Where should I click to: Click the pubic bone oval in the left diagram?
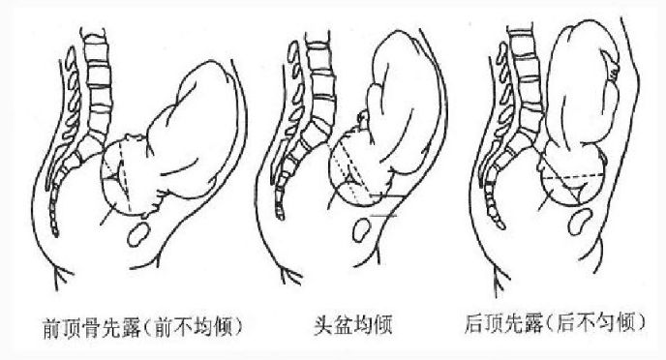pyautogui.click(x=141, y=233)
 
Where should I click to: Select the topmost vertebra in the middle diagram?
pyautogui.click(x=318, y=45)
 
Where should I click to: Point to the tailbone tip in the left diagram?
pyautogui.click(x=54, y=232)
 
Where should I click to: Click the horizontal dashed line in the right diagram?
pyautogui.click(x=571, y=178)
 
